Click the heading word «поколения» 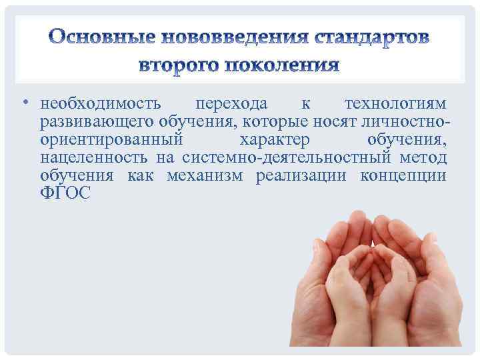[x=287, y=66]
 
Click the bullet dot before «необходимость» [x=25, y=105]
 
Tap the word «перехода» [x=231, y=105]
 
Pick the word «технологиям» [x=396, y=105]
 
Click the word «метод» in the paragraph [x=424, y=158]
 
